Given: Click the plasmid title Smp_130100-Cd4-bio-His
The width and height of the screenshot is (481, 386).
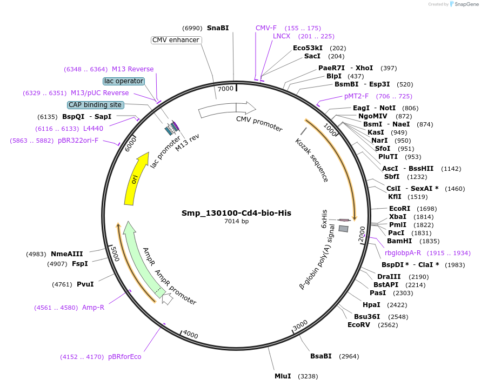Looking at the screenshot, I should point(236,213).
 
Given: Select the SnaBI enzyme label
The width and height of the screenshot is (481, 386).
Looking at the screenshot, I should point(218,28).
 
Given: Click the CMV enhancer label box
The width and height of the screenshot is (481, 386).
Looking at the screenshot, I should point(176,40).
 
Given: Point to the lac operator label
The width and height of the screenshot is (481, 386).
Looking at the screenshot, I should point(123,81).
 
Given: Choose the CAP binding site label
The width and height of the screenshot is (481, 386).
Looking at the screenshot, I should point(95,105).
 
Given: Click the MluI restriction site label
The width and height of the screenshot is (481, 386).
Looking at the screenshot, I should point(283,376).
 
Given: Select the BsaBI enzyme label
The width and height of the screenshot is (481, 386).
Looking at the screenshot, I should point(320,356).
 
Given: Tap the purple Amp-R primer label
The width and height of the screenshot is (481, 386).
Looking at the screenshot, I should point(93,308).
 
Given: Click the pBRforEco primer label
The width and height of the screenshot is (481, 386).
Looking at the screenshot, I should point(124,357).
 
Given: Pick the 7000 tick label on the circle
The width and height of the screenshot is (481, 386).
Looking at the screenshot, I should point(225,88).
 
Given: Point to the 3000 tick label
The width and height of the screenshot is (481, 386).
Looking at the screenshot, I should point(300,326).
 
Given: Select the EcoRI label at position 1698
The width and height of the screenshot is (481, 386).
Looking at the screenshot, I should point(399,209).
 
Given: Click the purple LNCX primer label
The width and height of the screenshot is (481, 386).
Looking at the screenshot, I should point(282,36).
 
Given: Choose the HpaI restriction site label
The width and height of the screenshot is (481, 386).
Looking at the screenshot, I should point(371,305).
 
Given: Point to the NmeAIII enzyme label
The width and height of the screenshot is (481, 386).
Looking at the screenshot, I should point(67,254).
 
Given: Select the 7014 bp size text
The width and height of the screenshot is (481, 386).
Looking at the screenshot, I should point(236,221).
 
